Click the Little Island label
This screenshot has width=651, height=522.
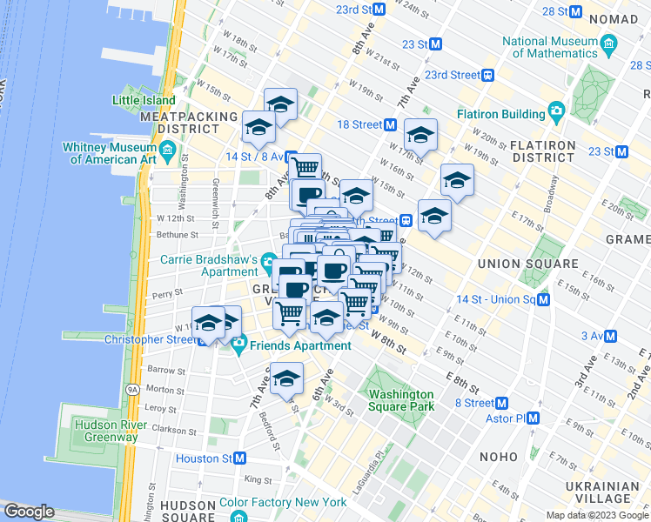[x=143, y=100]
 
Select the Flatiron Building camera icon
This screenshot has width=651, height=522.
[x=555, y=111]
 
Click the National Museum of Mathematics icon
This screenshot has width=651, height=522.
[x=608, y=43]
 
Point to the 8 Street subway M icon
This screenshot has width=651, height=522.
[x=502, y=403]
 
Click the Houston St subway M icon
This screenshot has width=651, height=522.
[x=239, y=458]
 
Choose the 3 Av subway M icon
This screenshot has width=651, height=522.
[x=611, y=336]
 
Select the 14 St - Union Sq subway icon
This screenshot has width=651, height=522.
[x=544, y=299]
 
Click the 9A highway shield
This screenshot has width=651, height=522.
[x=132, y=389]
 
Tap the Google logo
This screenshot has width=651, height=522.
[x=29, y=512]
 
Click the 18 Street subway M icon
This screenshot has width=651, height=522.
[x=391, y=124]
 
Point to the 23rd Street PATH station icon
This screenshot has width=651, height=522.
[x=489, y=75]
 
